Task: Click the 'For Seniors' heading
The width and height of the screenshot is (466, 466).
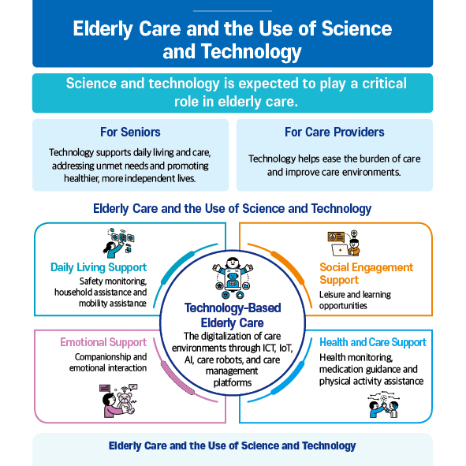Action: click(x=130, y=132)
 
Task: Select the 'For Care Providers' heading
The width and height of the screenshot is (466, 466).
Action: click(x=334, y=132)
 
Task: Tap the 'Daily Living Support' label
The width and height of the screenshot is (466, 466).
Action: click(x=99, y=267)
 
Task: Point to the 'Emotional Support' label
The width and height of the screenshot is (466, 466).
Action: click(x=103, y=342)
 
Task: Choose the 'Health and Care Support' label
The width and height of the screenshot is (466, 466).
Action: click(x=373, y=342)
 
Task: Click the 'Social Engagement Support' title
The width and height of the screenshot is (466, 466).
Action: click(x=366, y=274)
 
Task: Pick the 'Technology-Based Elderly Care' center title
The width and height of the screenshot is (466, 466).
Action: click(x=233, y=315)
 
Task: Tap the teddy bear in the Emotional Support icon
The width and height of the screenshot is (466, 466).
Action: click(x=125, y=403)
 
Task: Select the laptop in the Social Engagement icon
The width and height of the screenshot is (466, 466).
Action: click(x=341, y=250)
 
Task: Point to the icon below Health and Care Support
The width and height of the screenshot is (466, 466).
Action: click(x=383, y=404)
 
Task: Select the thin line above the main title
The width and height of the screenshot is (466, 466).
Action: click(x=233, y=11)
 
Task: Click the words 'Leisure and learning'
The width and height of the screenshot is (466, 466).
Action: click(x=355, y=295)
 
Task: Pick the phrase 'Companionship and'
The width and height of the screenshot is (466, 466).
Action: click(x=110, y=356)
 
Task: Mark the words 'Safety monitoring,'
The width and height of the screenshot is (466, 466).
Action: click(x=113, y=281)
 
